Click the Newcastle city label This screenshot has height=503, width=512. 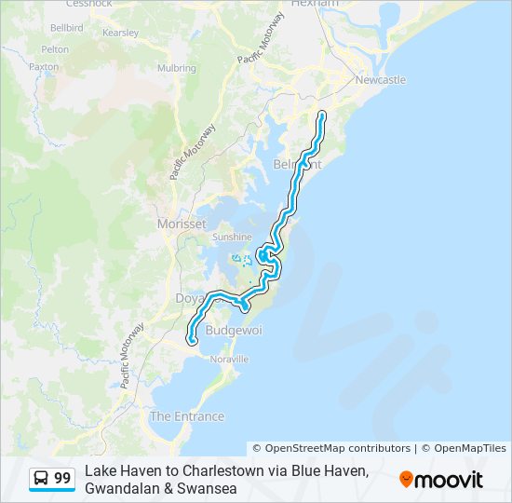tap(381, 80)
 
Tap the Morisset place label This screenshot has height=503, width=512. tap(182, 224)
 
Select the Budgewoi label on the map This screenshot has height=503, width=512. tap(229, 331)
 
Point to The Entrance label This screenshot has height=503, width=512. tap(187, 416)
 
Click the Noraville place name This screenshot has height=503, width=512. tap(230, 359)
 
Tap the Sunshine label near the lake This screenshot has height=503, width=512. tap(232, 237)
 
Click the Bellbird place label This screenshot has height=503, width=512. tap(67, 30)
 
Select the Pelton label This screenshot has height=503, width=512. tap(55, 49)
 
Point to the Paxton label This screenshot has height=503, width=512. tap(44, 67)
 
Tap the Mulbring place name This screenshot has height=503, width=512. tap(176, 68)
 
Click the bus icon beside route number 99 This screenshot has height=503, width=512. tap(42, 479)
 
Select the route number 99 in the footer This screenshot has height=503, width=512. tap(62, 479)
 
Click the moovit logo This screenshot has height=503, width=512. tap(441, 480)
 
